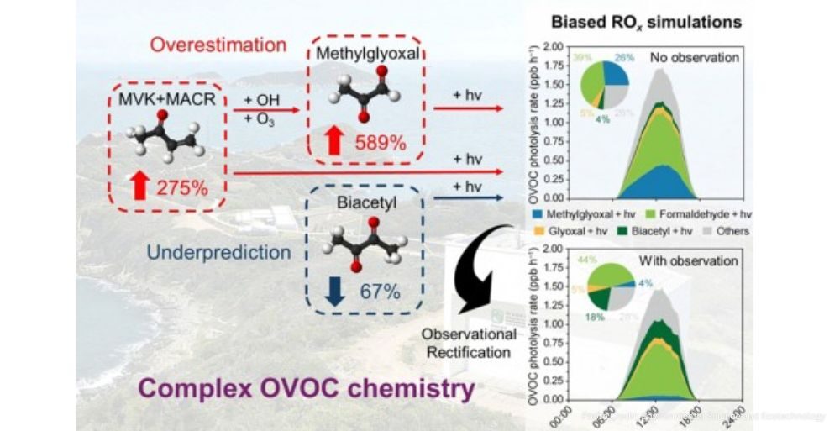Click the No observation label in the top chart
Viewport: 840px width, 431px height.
pos(692,60)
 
